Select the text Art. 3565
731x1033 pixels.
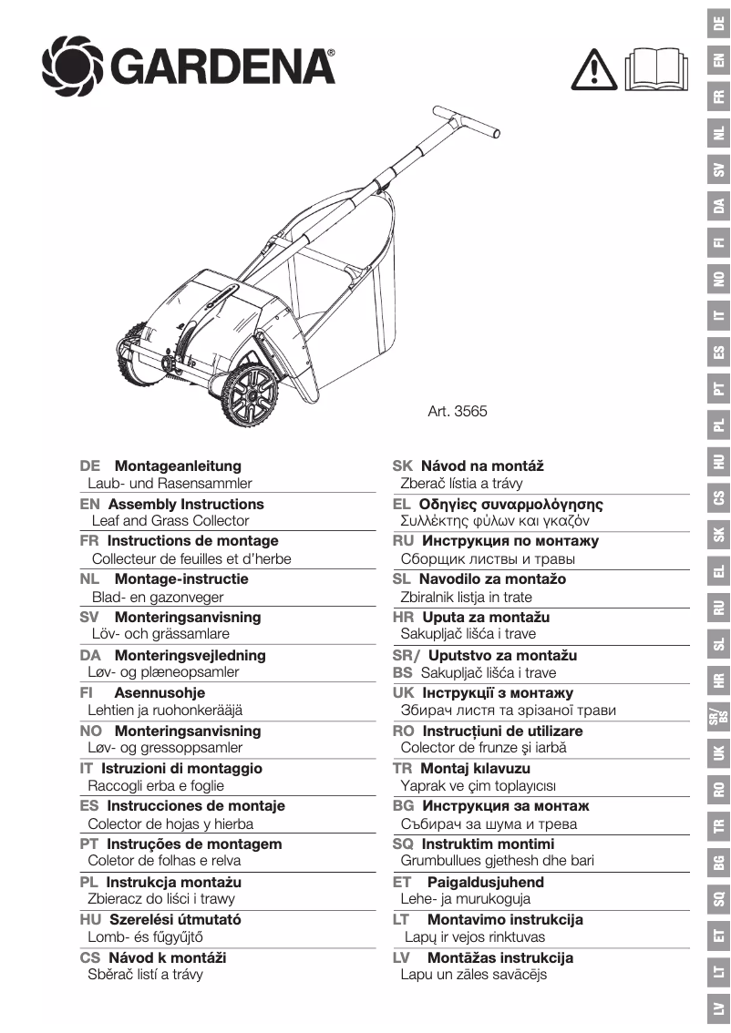pos(458,411)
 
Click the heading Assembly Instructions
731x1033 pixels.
pos(186,504)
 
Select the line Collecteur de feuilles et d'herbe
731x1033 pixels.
pos(191,558)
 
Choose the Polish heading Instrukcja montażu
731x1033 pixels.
pos(174,882)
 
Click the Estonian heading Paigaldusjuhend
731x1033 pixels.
pos(486,882)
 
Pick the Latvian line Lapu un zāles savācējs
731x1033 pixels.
pos(474,975)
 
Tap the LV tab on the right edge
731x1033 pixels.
pos(718,1008)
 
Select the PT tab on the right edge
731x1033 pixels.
pos(718,389)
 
